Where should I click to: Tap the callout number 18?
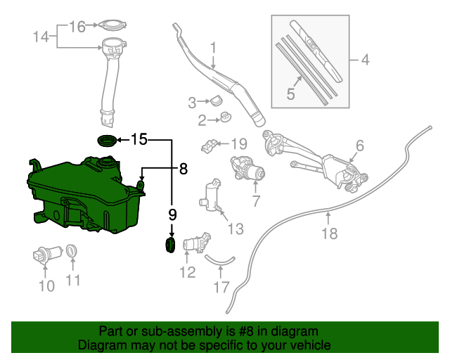(329, 233)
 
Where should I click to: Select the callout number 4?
(364, 60)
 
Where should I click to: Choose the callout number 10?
(46, 285)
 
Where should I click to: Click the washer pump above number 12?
(195, 243)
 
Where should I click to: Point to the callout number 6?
(359, 146)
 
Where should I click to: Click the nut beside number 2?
(224, 117)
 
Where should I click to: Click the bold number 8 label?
(183, 169)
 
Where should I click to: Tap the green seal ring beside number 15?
(107, 140)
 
